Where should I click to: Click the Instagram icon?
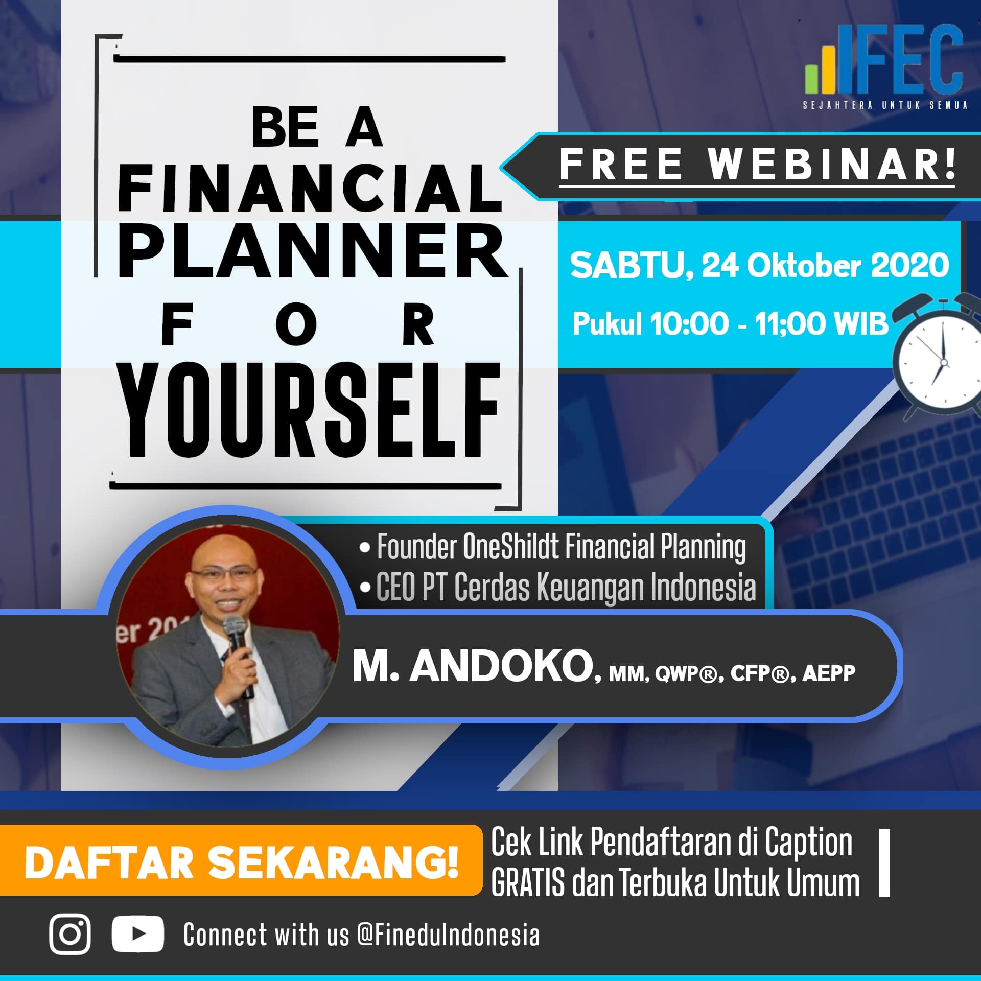click(x=71, y=934)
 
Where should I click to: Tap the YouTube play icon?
click(x=138, y=934)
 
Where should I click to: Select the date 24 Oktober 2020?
click(x=825, y=266)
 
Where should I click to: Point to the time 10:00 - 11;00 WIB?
click(x=769, y=323)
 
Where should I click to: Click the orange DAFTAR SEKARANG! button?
click(x=241, y=863)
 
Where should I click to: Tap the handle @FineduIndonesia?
click(x=449, y=935)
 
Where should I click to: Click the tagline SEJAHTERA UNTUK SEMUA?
click(x=885, y=106)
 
